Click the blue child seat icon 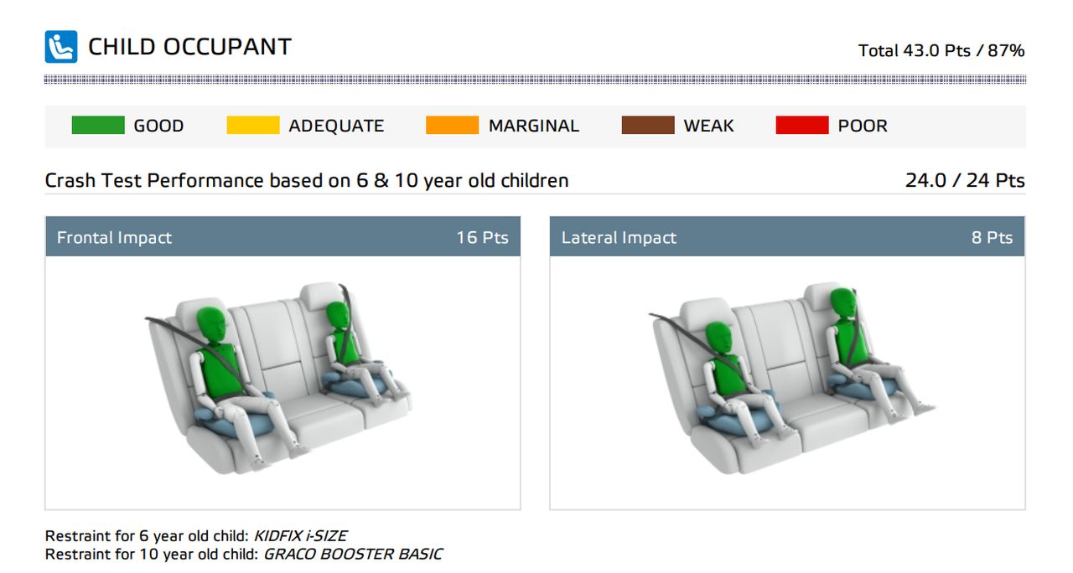[61, 46]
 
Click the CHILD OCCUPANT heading [189, 47]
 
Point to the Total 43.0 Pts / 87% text [941, 50]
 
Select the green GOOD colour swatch [98, 125]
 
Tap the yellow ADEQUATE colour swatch [253, 125]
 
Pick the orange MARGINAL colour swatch [452, 125]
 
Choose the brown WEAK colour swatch [648, 125]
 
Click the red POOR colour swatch [802, 125]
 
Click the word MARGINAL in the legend [534, 126]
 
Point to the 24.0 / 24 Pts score [965, 180]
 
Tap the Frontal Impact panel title [114, 237]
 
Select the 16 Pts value [482, 237]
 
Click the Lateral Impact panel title [619, 237]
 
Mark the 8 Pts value [992, 237]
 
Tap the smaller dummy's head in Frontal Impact [338, 316]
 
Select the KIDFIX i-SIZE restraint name [300, 535]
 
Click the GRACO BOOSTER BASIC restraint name [353, 554]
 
